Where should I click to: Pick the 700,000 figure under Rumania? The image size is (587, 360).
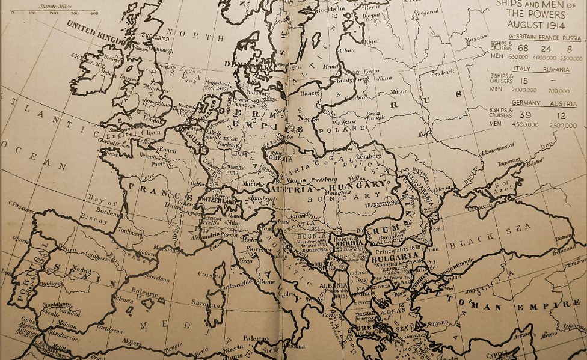pyautogui.click(x=559, y=91)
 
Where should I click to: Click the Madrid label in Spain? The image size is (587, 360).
pyautogui.click(x=67, y=270)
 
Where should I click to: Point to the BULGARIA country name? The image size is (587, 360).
pyautogui.click(x=394, y=257)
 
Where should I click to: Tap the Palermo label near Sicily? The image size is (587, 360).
pyautogui.click(x=256, y=339)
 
